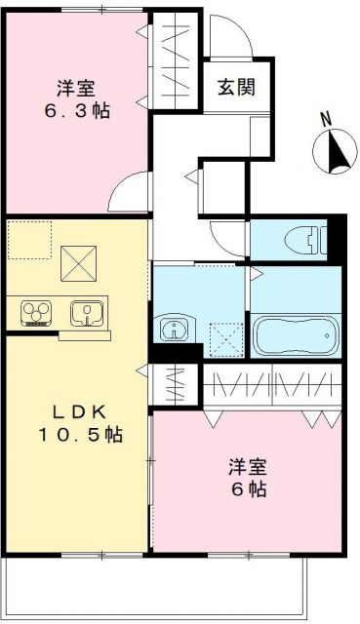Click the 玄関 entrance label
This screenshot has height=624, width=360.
[236, 87]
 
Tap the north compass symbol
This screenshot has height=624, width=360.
[333, 153]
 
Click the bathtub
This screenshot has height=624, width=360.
[296, 335]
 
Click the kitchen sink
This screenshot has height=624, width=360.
[87, 313]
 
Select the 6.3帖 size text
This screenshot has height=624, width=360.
[76, 109]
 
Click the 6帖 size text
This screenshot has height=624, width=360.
[248, 488]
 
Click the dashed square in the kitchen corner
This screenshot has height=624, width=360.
[28, 239]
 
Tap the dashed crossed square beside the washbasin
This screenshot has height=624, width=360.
[224, 337]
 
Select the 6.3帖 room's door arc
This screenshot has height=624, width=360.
[129, 194]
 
